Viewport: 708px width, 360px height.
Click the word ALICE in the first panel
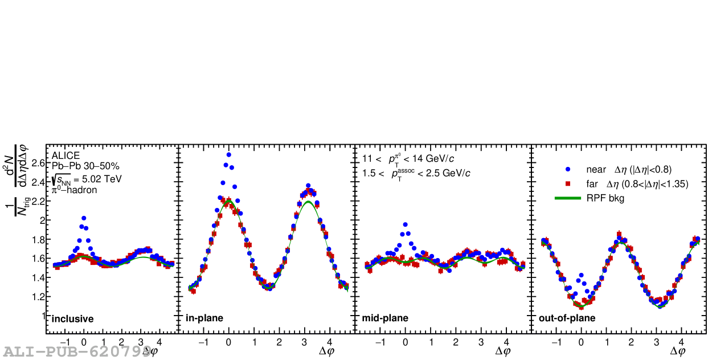click(x=66, y=156)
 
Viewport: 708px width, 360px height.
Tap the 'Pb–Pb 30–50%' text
click(x=85, y=166)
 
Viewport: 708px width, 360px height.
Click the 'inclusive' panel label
click(x=72, y=319)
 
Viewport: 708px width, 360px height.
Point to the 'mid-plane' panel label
click(x=385, y=318)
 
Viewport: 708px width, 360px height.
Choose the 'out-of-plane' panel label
click(x=567, y=318)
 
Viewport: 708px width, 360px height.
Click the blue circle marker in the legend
click(x=568, y=169)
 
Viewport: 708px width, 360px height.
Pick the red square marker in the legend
click(x=568, y=184)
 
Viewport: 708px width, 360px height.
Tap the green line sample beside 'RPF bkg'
click(x=568, y=198)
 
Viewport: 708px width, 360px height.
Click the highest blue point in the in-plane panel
click(x=229, y=154)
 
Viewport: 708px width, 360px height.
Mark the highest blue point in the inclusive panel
click(x=84, y=218)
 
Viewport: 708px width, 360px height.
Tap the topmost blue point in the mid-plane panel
click(x=405, y=224)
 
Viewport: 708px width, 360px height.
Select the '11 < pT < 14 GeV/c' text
click(x=408, y=158)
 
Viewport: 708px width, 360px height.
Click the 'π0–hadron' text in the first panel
click(x=74, y=190)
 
